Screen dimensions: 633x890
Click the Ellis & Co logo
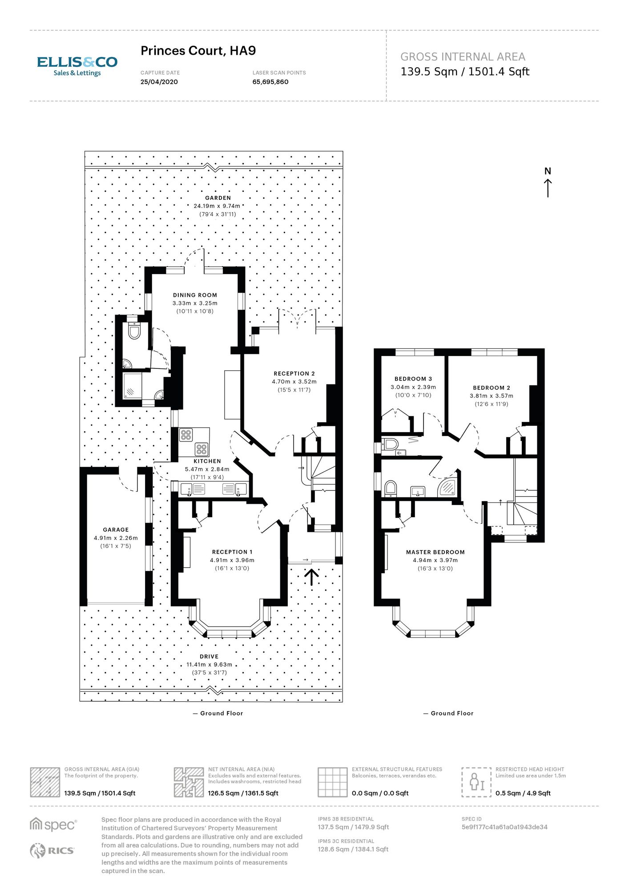click(77, 66)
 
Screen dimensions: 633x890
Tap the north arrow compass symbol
click(548, 182)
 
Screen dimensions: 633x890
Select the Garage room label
click(116, 530)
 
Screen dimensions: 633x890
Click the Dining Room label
click(195, 295)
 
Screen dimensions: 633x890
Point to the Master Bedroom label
click(435, 552)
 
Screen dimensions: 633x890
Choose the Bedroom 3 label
click(413, 379)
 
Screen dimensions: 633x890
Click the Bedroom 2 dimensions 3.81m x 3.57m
click(492, 396)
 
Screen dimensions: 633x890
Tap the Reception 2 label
click(294, 373)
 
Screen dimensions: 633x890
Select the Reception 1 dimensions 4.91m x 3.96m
click(232, 560)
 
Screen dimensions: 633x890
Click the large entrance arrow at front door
click(312, 577)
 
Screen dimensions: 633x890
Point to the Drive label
click(209, 656)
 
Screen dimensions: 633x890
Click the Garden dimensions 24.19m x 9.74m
click(217, 206)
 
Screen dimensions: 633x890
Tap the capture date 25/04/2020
click(159, 82)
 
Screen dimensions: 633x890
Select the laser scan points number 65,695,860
click(270, 82)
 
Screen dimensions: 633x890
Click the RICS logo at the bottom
click(52, 850)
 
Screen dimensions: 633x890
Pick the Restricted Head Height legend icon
click(476, 782)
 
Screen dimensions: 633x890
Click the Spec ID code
click(504, 827)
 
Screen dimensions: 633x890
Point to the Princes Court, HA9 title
click(198, 51)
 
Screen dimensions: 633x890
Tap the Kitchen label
click(207, 461)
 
